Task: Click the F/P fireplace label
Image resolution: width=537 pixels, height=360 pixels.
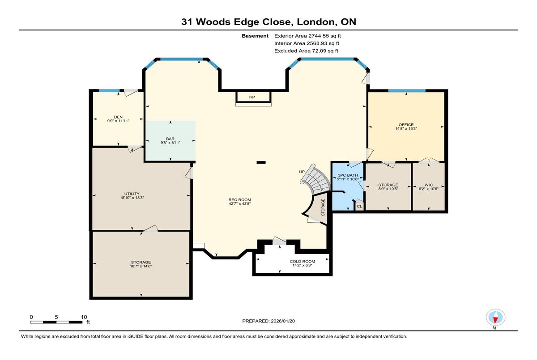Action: [251, 97]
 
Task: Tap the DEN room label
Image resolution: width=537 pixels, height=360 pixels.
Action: [118, 117]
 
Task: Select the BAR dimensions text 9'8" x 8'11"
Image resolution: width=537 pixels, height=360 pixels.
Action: [170, 143]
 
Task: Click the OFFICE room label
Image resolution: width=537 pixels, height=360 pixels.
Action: [406, 125]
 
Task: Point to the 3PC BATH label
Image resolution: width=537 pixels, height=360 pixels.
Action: [348, 175]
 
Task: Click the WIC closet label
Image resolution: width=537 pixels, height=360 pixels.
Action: [429, 185]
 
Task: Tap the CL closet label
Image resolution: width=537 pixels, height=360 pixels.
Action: [359, 207]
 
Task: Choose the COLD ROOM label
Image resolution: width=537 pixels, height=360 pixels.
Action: [303, 262]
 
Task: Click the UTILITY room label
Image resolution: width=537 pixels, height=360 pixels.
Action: [132, 194]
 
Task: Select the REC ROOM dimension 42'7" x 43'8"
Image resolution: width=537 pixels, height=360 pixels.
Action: [240, 204]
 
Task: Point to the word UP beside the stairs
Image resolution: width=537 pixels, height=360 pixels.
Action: [302, 172]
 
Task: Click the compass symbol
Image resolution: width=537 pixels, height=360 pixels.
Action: [495, 317]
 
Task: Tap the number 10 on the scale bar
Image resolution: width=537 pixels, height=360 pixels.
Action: [84, 317]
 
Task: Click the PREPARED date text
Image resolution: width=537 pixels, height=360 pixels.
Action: [268, 321]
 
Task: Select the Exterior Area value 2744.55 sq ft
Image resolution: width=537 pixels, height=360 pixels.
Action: [324, 36]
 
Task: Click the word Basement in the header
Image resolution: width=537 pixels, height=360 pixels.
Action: [255, 36]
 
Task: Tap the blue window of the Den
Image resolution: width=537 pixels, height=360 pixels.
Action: [109, 90]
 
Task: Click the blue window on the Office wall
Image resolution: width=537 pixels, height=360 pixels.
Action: [407, 91]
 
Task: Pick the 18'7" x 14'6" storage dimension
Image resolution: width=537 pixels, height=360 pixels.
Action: [141, 266]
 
